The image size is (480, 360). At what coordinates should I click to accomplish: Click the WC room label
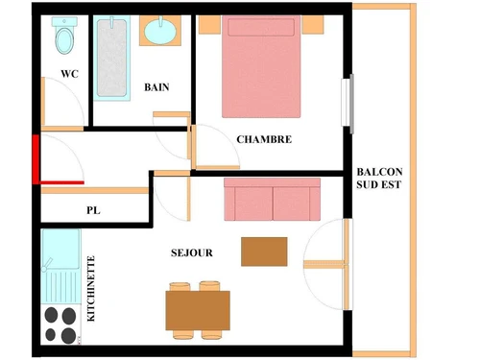pos(69,74)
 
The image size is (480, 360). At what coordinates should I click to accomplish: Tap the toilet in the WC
pos(65,38)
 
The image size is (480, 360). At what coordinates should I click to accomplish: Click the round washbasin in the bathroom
pos(159,32)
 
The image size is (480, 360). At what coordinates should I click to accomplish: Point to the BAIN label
pos(156,87)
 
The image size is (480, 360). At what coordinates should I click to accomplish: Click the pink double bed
pos(260,67)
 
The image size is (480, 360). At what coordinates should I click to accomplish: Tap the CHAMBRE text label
pos(264,139)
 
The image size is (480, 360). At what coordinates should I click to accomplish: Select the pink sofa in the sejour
pos(273,200)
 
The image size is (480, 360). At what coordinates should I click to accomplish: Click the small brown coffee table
pos(264,251)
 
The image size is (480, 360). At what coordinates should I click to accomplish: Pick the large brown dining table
pos(198,310)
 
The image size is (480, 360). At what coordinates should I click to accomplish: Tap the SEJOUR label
pos(192,253)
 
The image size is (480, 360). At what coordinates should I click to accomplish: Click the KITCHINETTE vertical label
pos(92,288)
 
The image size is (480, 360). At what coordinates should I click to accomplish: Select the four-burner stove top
pos(60,324)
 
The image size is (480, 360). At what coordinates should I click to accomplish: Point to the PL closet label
pos(93,209)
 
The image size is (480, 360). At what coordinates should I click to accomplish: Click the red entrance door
pos(36,159)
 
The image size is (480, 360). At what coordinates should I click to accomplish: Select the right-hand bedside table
pos(314,24)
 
